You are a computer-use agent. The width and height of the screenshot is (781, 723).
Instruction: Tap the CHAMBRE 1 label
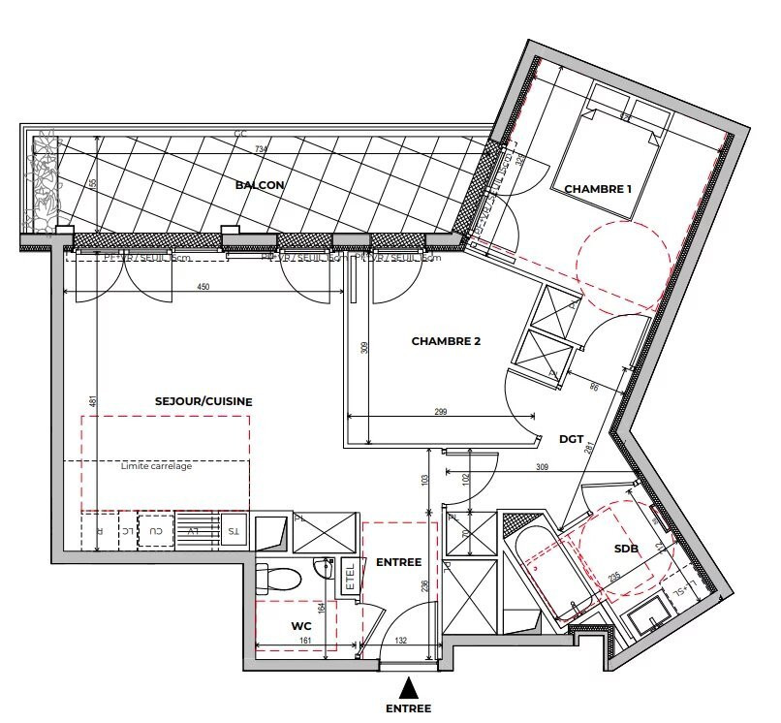coord(599,189)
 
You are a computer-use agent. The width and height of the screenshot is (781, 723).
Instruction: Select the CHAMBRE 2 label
coord(446,341)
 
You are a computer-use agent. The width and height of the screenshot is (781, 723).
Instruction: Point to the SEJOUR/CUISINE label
coord(203,401)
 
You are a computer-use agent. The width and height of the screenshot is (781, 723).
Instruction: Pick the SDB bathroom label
coord(626,549)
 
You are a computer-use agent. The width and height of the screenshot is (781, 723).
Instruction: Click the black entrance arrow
coord(411,687)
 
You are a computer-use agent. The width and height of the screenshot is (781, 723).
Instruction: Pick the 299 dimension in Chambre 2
coord(440,413)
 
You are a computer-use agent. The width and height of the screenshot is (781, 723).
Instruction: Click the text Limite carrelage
coord(157,466)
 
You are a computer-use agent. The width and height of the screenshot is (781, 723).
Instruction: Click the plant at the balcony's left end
coord(44,184)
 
